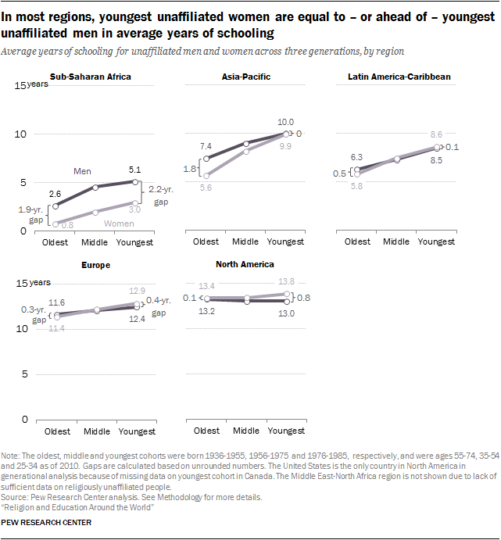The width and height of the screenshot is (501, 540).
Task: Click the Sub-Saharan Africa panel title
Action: [x=90, y=77]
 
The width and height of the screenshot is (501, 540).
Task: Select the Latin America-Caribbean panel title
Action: [x=399, y=77]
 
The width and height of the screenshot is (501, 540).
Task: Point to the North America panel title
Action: [x=244, y=264]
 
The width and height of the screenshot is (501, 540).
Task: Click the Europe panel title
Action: [x=95, y=265]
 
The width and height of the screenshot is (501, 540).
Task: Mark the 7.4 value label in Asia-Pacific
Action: [x=206, y=147]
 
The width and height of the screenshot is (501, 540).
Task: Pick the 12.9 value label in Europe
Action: [x=135, y=291]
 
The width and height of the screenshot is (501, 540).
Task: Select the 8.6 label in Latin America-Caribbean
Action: [x=436, y=135]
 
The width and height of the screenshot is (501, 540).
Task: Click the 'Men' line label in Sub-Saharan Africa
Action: [x=83, y=171]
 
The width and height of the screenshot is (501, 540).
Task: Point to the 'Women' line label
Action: [x=119, y=224]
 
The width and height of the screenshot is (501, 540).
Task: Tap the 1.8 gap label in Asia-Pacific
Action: [x=190, y=168]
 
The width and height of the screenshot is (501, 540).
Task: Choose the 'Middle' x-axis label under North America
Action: [x=246, y=431]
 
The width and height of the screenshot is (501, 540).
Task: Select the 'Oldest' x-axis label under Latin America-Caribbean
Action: [x=357, y=241]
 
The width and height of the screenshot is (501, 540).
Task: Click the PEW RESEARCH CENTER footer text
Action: [x=46, y=522]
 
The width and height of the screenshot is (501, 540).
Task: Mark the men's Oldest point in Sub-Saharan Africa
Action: [x=56, y=206]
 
